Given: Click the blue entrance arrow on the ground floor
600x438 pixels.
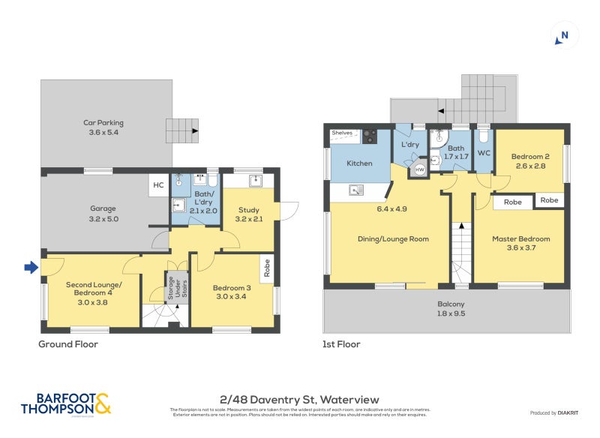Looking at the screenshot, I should (30, 266).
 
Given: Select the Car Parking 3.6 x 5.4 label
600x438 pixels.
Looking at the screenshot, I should (103, 127).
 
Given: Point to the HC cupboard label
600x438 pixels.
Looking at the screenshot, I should (158, 185).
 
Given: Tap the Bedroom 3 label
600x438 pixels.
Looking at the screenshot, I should (232, 290).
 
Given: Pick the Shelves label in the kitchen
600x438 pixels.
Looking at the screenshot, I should (341, 133).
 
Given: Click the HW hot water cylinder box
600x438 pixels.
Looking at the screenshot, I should (419, 170).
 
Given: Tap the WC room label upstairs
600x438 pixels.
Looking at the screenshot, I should (484, 153).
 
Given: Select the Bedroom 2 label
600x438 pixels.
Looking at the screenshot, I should (530, 161).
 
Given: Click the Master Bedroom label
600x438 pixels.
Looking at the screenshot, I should (520, 243).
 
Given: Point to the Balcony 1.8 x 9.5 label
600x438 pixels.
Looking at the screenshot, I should (451, 309).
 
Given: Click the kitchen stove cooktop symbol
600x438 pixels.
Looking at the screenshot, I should (370, 136).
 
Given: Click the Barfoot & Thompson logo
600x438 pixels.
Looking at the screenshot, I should (66, 403).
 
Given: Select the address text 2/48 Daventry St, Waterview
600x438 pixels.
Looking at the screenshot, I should (300, 399).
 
